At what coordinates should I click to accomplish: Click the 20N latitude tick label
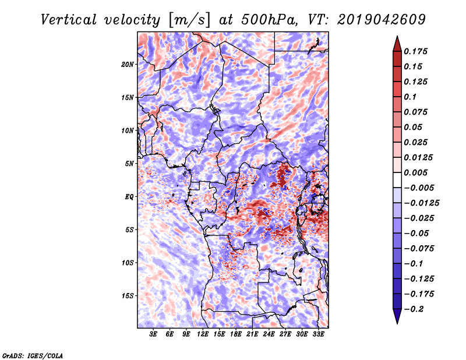click(x=128, y=65)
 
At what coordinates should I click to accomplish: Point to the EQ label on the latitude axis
click(x=129, y=197)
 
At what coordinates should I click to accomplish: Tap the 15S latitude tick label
click(x=128, y=296)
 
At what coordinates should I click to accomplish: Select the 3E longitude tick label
click(x=153, y=334)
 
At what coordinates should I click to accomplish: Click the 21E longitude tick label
click(x=252, y=334)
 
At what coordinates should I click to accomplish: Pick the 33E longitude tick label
click(x=318, y=334)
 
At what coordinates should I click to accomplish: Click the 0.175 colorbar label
click(x=415, y=51)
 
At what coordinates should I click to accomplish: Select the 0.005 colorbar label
click(x=415, y=172)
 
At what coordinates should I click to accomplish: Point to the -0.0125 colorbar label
click(x=421, y=203)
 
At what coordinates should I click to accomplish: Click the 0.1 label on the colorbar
click(x=410, y=97)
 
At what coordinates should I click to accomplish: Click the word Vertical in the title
click(x=69, y=20)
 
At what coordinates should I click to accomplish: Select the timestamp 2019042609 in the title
click(x=382, y=20)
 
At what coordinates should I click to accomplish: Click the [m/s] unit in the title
click(x=189, y=20)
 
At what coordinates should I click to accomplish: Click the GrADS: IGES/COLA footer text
click(x=33, y=355)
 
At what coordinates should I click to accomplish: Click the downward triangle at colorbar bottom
click(x=397, y=316)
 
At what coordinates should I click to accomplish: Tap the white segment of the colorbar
click(x=397, y=180)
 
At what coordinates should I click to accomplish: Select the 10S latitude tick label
click(x=128, y=263)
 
